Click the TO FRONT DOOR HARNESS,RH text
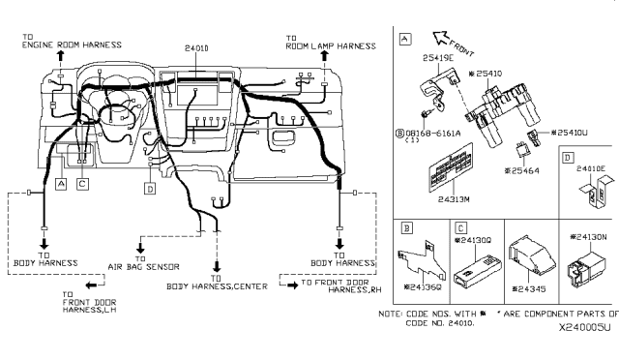click(334, 288)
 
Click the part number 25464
click(527, 170)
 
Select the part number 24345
click(533, 288)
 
